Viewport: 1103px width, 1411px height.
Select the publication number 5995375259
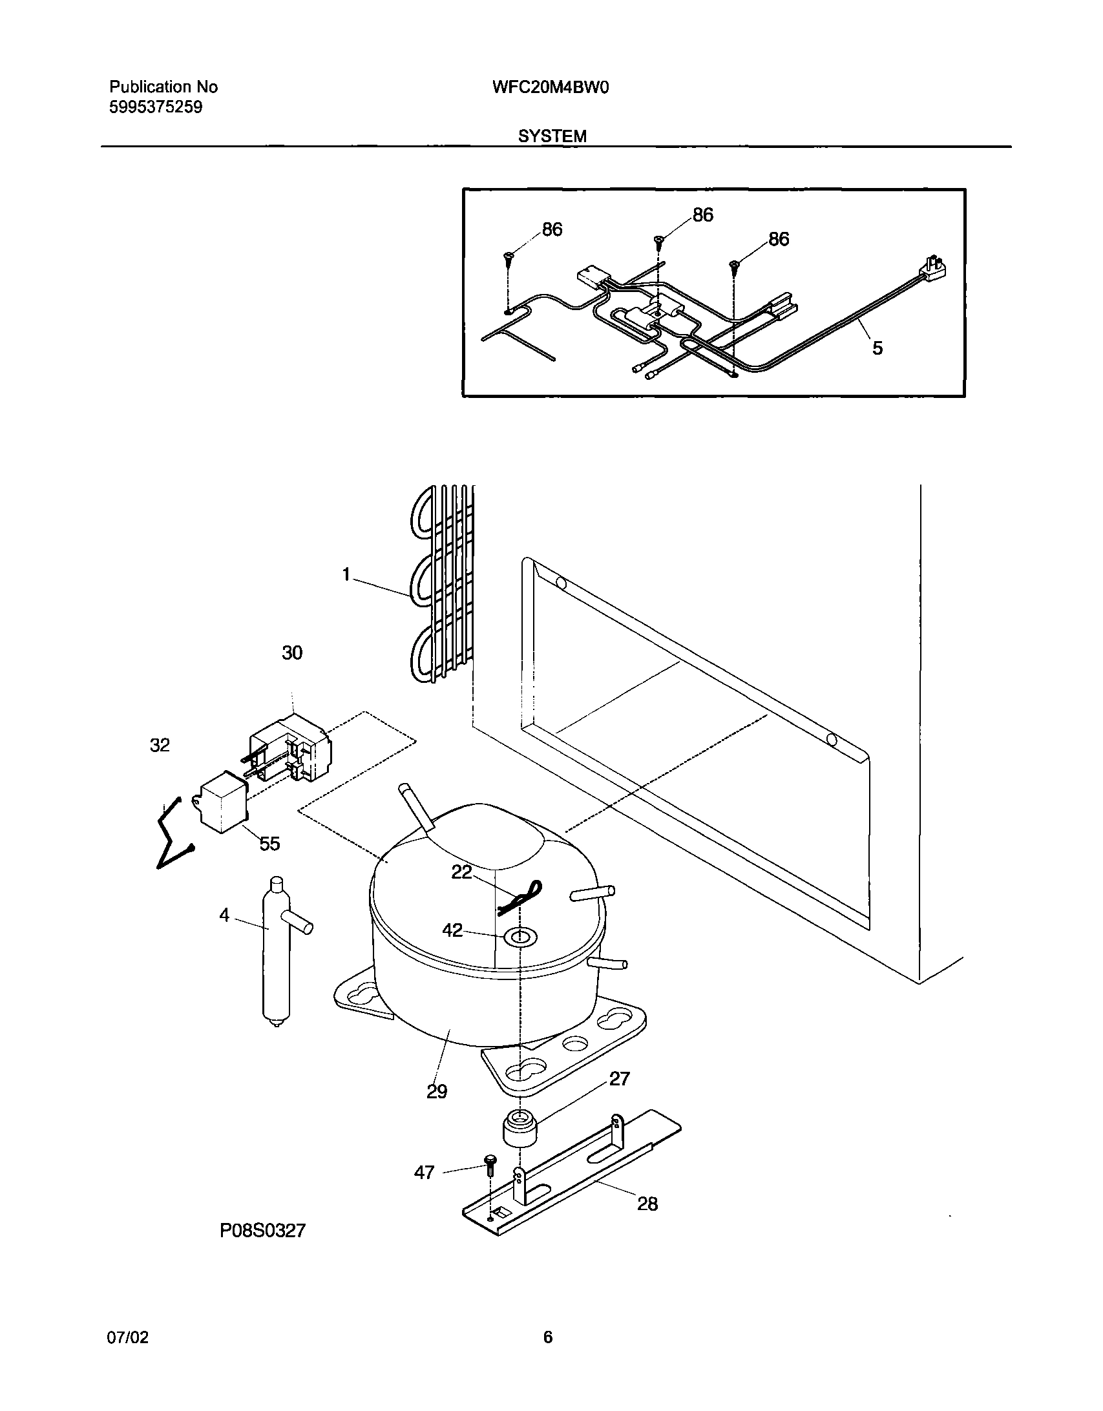pos(156,107)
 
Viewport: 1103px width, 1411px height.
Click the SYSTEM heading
pos(552,136)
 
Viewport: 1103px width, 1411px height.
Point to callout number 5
pos(877,348)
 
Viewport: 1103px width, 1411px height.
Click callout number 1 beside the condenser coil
pos(346,574)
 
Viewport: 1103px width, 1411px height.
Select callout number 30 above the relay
pos(292,653)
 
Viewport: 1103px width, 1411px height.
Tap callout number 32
pos(160,745)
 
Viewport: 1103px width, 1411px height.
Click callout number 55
pos(270,843)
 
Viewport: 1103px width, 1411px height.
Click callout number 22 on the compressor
pos(461,872)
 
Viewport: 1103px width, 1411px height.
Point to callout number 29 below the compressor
pos(437,1091)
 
